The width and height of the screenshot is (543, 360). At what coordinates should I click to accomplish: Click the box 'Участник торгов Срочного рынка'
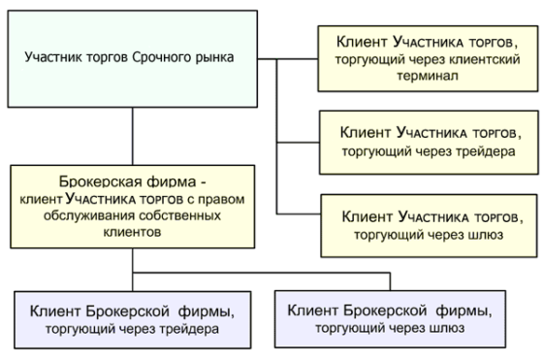tap(132, 57)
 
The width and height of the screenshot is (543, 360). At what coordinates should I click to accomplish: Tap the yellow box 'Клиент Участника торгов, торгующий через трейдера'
tap(427, 141)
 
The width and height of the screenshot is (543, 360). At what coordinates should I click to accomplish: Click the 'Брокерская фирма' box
tap(132, 206)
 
